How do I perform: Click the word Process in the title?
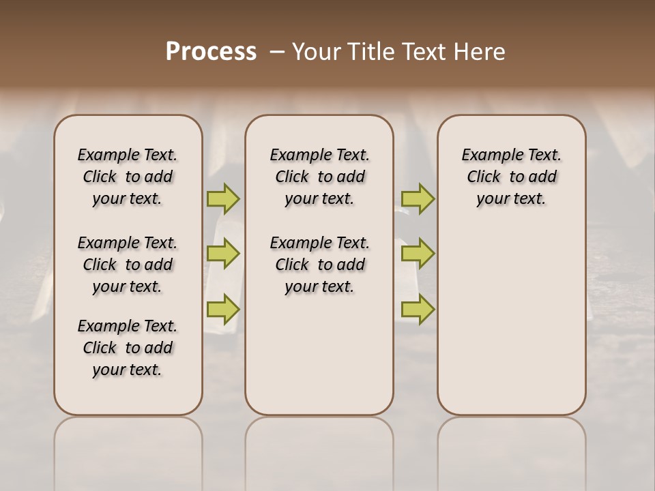[211, 51]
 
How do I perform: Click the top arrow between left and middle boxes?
[223, 199]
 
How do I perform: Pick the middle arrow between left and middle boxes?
[223, 254]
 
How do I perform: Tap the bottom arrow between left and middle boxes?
[223, 309]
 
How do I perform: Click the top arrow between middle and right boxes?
[418, 199]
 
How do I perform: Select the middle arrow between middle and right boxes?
[418, 254]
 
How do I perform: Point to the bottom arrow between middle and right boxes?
[418, 309]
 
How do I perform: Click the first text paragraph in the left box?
[128, 177]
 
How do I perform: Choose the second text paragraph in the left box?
[128, 265]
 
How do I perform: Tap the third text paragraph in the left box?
[128, 348]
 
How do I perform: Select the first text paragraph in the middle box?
[319, 177]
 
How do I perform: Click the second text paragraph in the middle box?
[319, 265]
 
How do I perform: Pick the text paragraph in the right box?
[511, 177]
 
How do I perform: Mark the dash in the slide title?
[277, 51]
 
